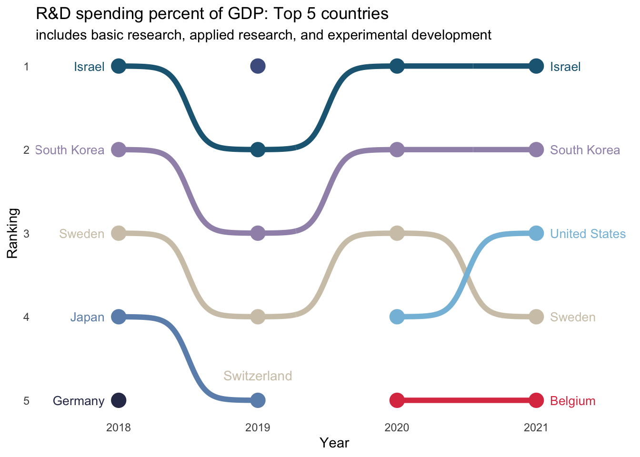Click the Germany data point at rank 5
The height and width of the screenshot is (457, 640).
[x=119, y=400]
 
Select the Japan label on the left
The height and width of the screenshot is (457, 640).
[x=87, y=318]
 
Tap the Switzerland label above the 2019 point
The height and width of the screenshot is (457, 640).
[x=258, y=376]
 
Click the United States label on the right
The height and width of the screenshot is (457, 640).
[x=588, y=234]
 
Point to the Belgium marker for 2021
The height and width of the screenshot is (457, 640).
[x=536, y=400]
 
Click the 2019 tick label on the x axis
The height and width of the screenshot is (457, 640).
[x=258, y=428]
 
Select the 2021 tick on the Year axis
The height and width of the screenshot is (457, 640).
[x=536, y=428]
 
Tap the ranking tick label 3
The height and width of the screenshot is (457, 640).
[x=27, y=234]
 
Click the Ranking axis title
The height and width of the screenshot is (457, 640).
[x=12, y=233]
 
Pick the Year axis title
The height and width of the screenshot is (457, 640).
[x=334, y=443]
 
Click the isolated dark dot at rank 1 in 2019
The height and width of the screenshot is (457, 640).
[x=258, y=66]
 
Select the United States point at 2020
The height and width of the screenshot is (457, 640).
[x=397, y=317]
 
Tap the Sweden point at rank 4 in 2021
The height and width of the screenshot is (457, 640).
[x=536, y=317]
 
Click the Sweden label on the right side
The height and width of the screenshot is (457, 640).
[x=572, y=318]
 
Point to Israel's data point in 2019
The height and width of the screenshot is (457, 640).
[x=258, y=149]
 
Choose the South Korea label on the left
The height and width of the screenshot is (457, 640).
[x=70, y=150]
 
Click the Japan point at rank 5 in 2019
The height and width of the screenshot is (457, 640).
[x=258, y=400]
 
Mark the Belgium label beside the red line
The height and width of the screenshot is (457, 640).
[x=572, y=401]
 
